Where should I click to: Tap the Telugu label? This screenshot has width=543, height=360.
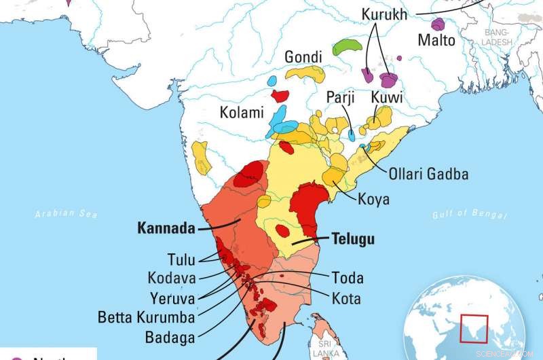[353, 239]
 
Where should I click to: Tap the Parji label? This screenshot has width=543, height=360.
[341, 98]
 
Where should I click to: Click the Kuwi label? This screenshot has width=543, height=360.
[387, 98]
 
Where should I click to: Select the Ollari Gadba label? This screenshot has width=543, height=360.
[428, 174]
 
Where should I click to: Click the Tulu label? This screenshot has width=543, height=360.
[181, 259]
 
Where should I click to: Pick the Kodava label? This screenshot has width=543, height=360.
[172, 278]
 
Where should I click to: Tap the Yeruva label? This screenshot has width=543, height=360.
[172, 297]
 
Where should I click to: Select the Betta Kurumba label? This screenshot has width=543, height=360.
[146, 317]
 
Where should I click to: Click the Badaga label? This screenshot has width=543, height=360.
[170, 336]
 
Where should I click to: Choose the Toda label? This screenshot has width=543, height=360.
[348, 278]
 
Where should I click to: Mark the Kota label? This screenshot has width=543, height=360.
[346, 298]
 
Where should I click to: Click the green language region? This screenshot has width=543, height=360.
[348, 47]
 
